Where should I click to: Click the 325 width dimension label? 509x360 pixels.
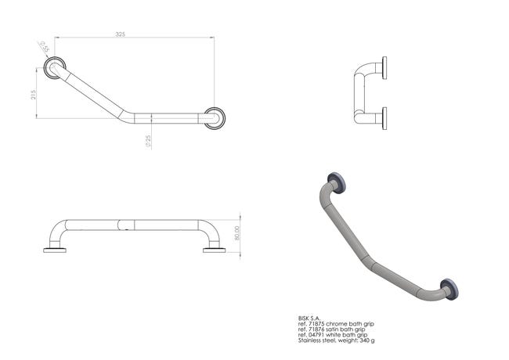(120, 34)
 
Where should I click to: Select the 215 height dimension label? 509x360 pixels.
(33, 95)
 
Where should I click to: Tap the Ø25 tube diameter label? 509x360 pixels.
(148, 142)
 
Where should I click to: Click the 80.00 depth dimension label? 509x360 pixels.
(236, 233)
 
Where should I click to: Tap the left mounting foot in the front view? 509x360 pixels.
(55, 250)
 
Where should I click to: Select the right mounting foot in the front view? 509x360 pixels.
(215, 250)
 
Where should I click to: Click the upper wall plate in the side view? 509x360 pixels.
(384, 68)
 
